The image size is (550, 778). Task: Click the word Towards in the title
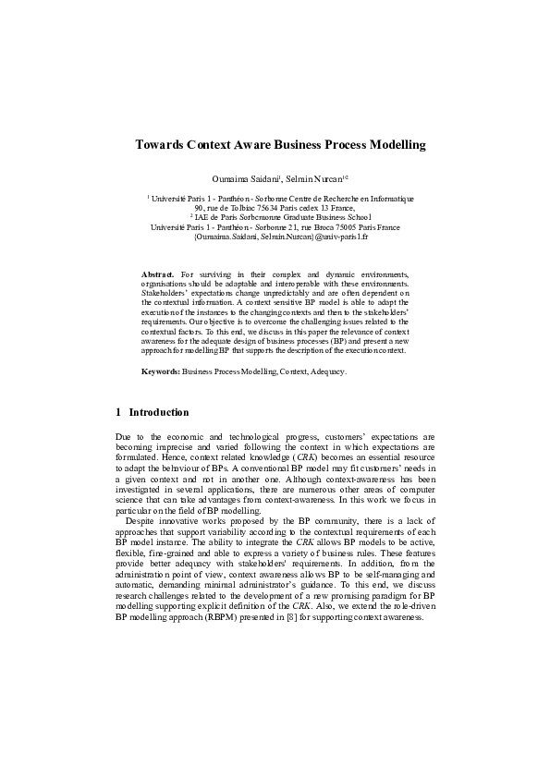pos(158,145)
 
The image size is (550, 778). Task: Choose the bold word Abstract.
pos(158,275)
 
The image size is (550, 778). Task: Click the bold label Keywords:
pos(160,371)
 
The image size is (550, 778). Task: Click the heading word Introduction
pos(159,412)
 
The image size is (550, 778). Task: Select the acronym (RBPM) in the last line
pos(235,616)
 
